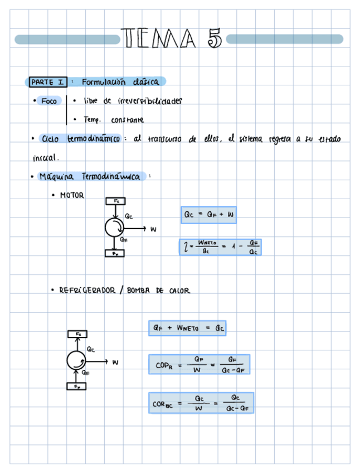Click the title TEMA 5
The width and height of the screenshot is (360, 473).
172,39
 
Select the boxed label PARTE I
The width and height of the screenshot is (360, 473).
47,83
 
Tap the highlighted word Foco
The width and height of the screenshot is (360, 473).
49,101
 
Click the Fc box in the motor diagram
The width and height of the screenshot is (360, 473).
115,201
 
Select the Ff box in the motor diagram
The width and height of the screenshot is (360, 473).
115,253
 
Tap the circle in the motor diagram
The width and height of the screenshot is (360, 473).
115,228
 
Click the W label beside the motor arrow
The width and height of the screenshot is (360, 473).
153,229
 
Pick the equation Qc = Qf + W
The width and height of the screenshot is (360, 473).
208,215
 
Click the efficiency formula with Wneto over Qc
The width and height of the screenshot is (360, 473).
220,247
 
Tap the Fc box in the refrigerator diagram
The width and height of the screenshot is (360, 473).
77,334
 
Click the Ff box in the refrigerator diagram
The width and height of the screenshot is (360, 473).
77,386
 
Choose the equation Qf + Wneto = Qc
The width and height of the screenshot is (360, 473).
187,329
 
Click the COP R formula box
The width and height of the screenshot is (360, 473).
199,365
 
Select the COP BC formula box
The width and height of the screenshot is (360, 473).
201,403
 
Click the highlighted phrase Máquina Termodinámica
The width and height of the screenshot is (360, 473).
92,177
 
